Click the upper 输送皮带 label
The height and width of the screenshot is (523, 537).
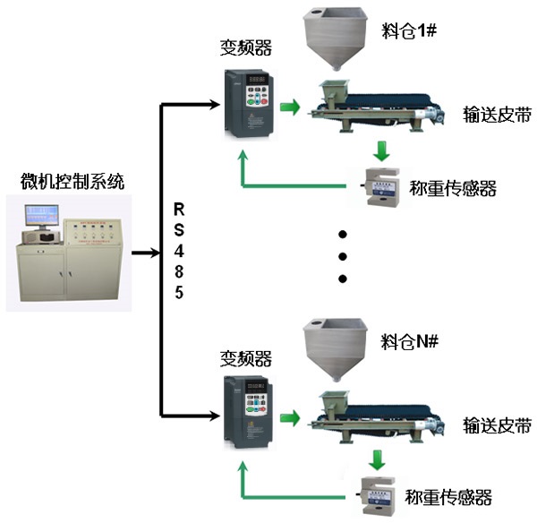[x=497, y=114]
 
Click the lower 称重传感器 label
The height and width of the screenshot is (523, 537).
[x=453, y=495]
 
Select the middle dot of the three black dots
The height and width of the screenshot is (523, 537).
[x=342, y=257]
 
